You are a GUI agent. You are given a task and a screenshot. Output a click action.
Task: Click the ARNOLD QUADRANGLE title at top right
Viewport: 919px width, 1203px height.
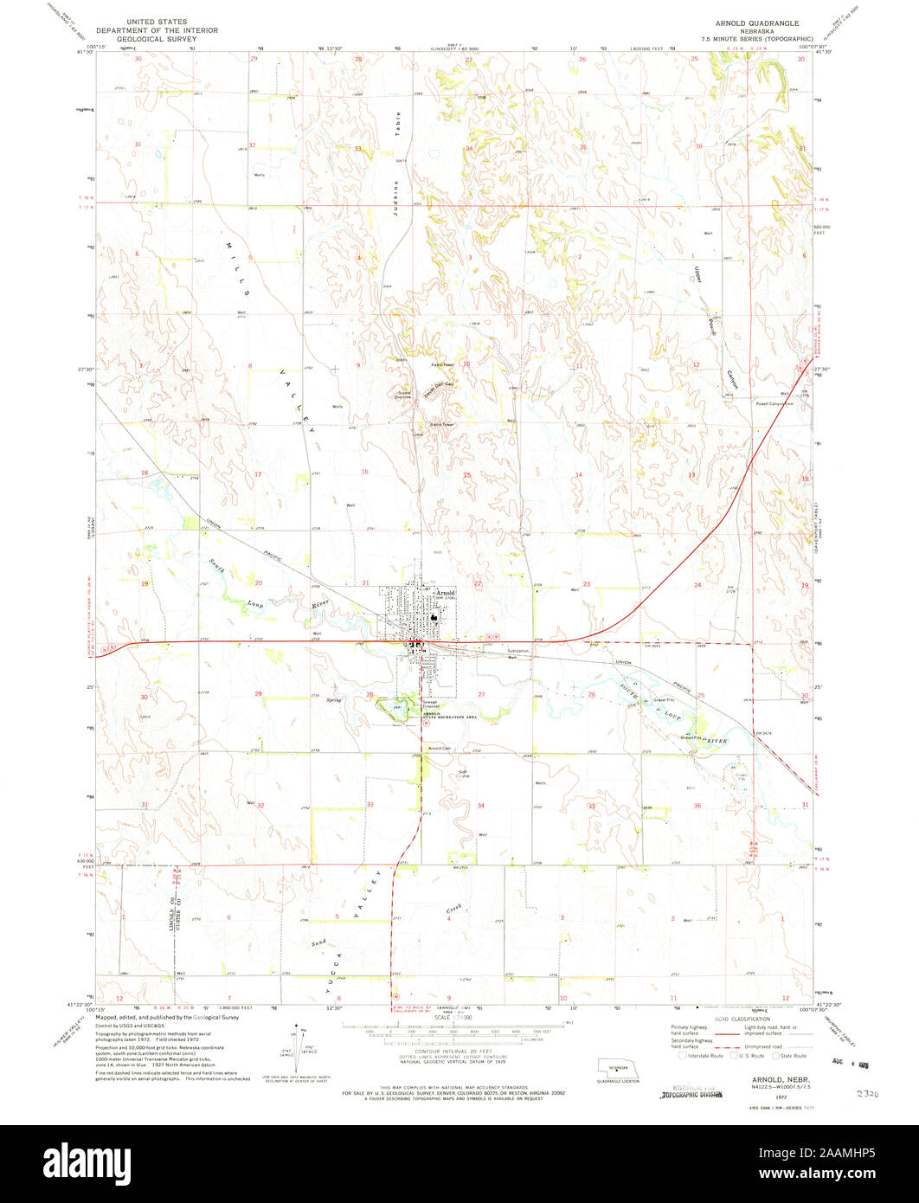756,22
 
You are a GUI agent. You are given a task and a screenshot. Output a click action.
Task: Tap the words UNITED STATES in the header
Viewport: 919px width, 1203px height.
156,22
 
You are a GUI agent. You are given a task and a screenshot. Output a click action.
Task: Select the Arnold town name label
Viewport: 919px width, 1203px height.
445,592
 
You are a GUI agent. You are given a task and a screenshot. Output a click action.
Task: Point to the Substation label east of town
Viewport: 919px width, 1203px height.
517,651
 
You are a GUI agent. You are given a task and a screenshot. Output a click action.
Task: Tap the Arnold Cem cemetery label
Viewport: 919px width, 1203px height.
440,748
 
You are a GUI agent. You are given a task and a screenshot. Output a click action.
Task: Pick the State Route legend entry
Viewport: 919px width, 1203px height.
791,1056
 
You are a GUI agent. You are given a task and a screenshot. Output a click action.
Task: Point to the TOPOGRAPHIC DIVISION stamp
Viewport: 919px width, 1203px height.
691,1094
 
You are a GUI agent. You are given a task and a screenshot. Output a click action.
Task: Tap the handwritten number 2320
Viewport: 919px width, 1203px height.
864,1094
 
